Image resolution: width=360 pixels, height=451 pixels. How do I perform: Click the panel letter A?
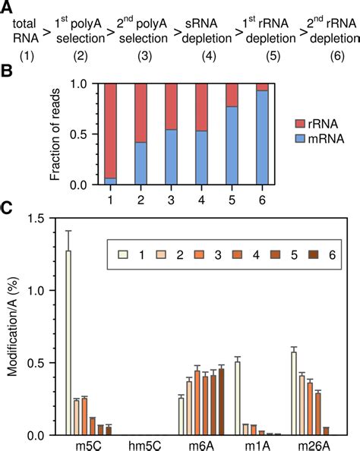tap(7, 7)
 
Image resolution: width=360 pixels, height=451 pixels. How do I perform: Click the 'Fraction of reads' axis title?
tap(60, 134)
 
